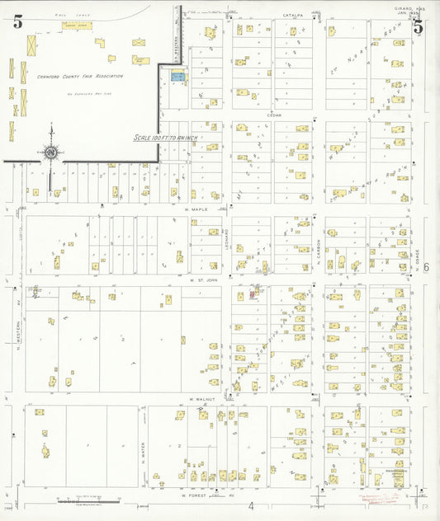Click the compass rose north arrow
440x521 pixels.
(x=51, y=151)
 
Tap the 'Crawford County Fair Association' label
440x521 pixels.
(x=80, y=76)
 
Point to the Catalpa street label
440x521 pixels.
(x=293, y=15)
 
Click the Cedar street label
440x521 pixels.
(x=274, y=115)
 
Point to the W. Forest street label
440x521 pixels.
(x=192, y=496)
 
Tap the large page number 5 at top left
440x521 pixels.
(x=17, y=22)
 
